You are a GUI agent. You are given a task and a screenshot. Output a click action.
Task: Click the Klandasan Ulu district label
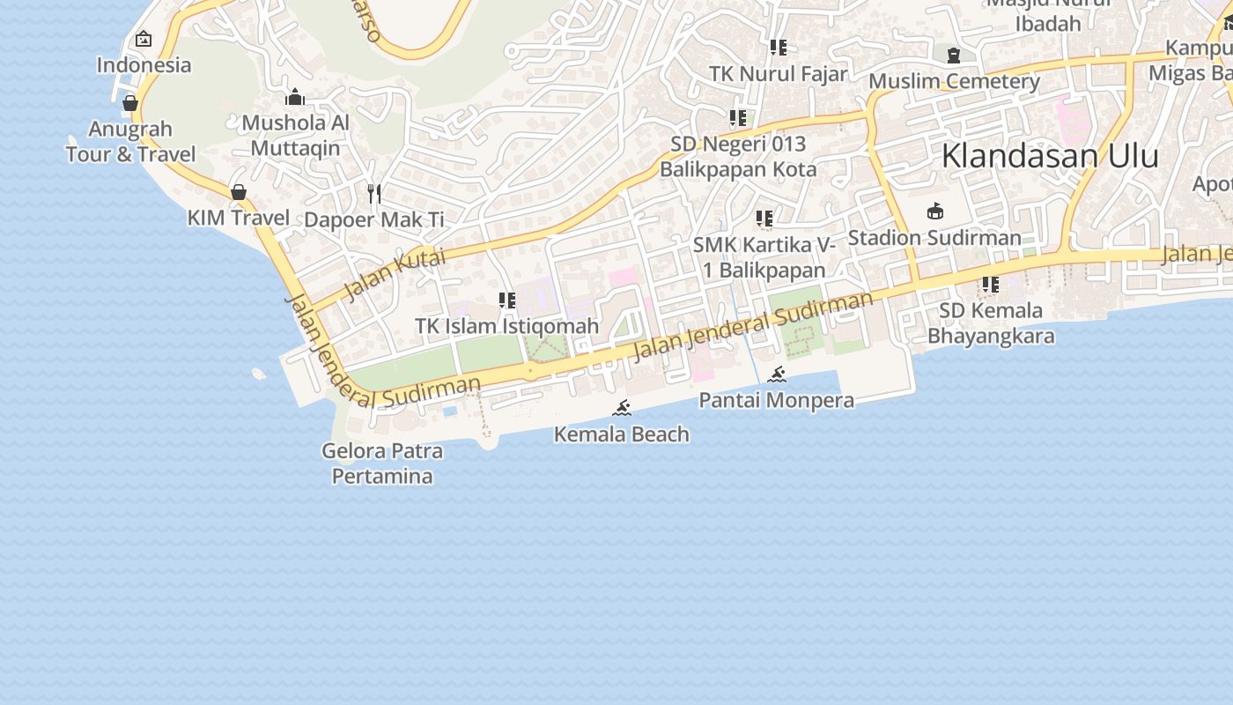click(x=1049, y=156)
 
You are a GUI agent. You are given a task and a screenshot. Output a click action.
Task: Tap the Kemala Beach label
click(x=621, y=434)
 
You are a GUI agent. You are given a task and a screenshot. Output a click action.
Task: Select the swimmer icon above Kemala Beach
click(x=622, y=408)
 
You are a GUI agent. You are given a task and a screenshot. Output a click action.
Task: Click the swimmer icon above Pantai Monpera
click(x=777, y=375)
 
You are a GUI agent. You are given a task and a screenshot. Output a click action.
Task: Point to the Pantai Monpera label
click(x=776, y=401)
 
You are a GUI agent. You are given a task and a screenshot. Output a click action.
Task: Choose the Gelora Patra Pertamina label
click(x=381, y=464)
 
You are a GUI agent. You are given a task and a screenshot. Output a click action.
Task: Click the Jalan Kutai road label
click(x=395, y=273)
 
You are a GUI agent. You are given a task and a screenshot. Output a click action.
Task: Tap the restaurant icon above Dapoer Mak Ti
click(x=374, y=193)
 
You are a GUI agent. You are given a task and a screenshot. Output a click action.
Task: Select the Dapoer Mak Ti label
click(x=374, y=219)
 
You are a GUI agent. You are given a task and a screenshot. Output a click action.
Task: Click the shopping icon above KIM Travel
click(x=238, y=191)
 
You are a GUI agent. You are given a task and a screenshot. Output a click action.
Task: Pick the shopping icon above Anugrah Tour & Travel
click(x=130, y=103)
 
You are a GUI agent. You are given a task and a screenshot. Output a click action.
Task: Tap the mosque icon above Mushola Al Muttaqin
click(x=295, y=97)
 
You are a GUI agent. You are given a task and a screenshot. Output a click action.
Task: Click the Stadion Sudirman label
click(x=934, y=238)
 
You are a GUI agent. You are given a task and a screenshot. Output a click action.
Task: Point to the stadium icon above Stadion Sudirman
click(x=934, y=211)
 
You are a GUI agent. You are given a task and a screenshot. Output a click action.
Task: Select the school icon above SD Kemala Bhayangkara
click(x=991, y=285)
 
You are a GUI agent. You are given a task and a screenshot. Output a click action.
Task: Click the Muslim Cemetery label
click(x=954, y=82)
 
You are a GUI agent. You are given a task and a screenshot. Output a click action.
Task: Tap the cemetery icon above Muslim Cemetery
click(x=954, y=56)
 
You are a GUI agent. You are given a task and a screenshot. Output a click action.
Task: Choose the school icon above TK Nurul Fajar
click(x=778, y=48)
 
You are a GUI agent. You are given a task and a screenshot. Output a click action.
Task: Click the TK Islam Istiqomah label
click(x=506, y=326)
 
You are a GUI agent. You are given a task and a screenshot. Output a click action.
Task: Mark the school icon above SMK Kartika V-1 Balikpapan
click(x=764, y=218)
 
